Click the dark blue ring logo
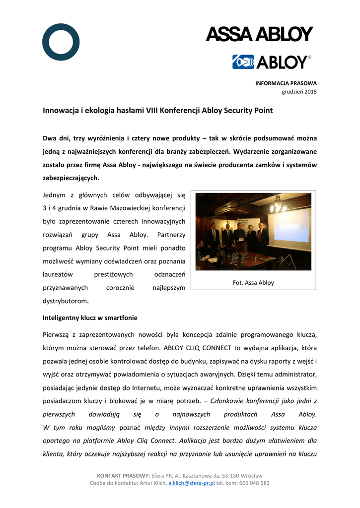coord(61,42)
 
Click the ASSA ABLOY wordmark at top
coord(259,35)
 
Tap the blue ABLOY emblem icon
coord(243,62)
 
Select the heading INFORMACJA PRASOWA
coord(286,83)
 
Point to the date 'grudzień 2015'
coord(299,92)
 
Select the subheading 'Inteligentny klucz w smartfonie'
coord(90,317)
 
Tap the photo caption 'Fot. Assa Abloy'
coord(253,283)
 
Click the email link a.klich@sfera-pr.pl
coord(191,483)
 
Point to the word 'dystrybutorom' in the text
coord(66,301)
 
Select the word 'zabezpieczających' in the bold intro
coord(71,178)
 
